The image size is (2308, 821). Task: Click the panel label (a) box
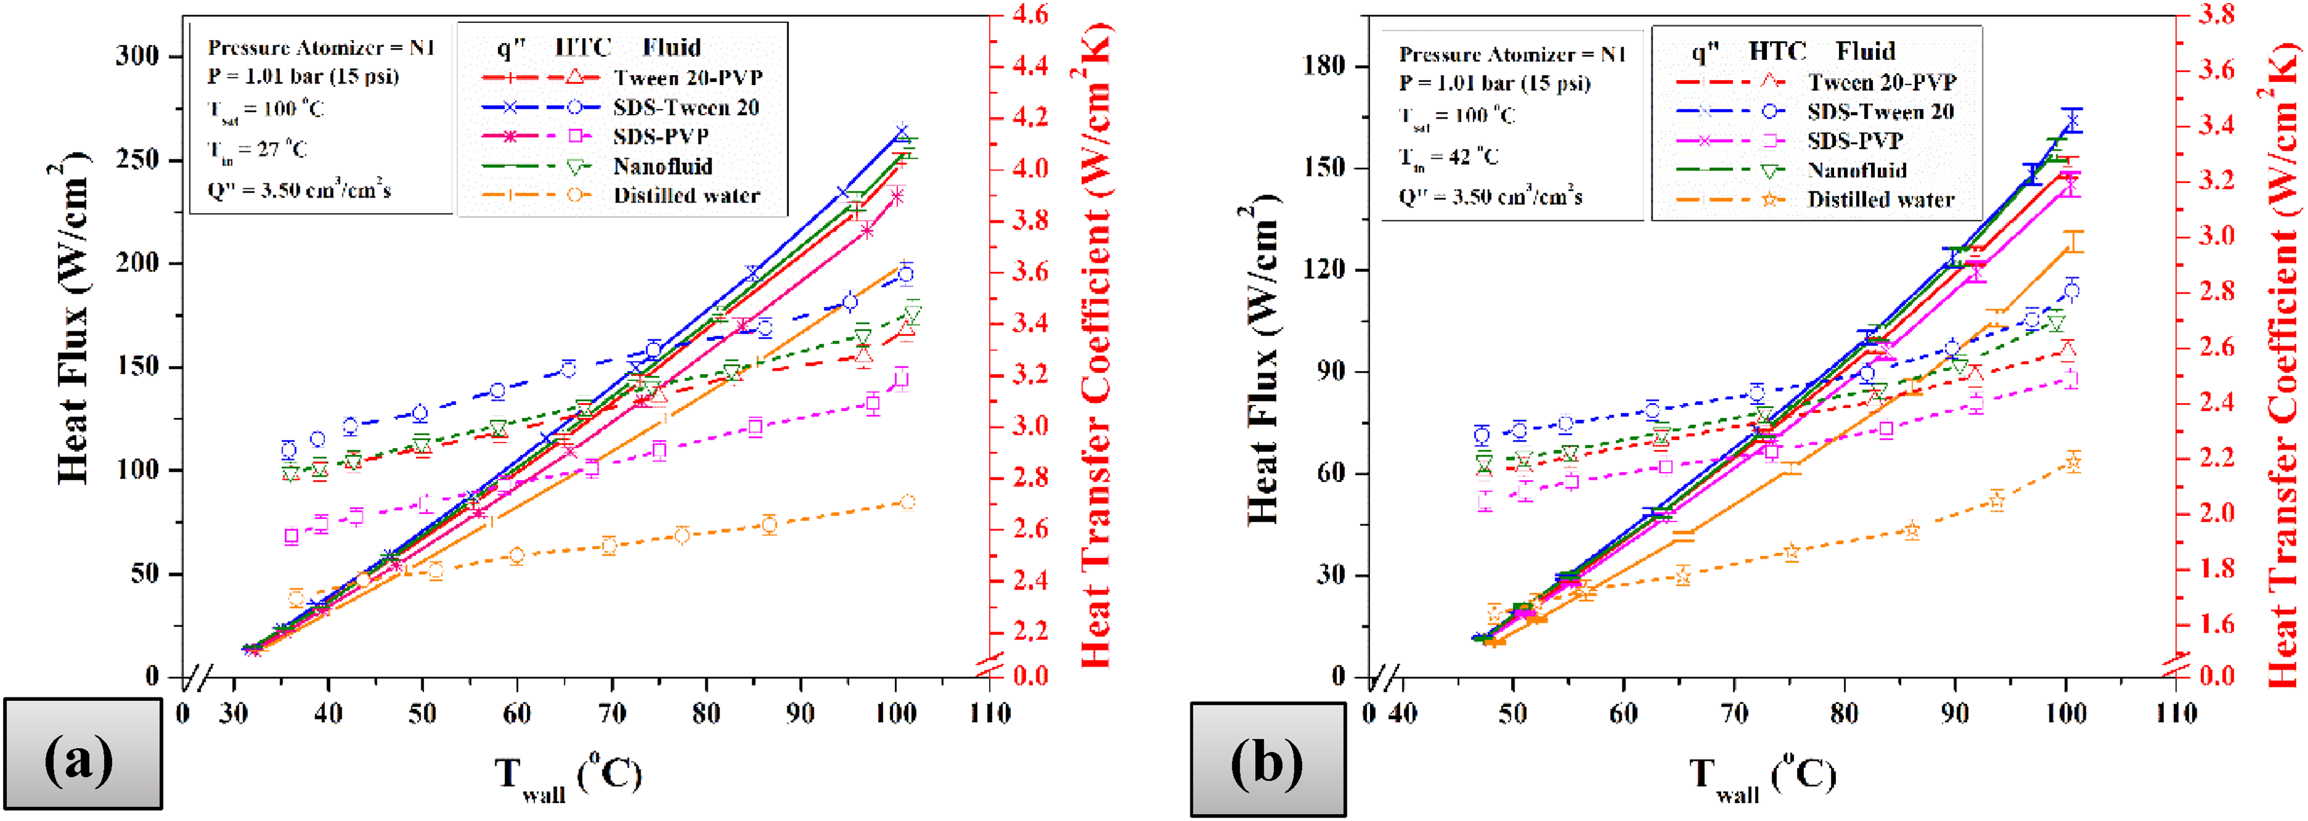click(82, 754)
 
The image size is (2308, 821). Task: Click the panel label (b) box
click(1268, 759)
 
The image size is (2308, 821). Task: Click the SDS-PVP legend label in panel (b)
click(1854, 141)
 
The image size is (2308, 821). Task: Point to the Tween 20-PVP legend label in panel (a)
click(688, 78)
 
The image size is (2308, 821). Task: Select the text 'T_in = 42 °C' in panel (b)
click(1449, 158)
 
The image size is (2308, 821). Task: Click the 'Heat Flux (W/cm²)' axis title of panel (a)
click(73, 322)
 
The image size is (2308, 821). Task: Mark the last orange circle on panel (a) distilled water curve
click(908, 502)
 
